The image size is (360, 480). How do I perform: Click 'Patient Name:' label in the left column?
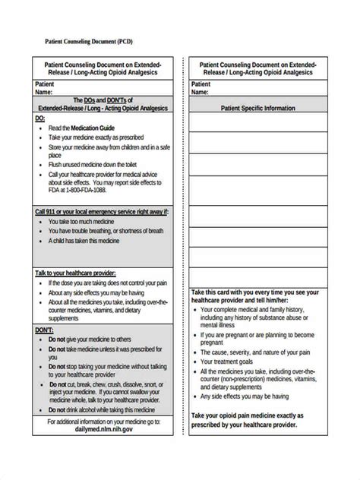[47, 87]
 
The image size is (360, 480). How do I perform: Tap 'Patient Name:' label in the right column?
[201, 87]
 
